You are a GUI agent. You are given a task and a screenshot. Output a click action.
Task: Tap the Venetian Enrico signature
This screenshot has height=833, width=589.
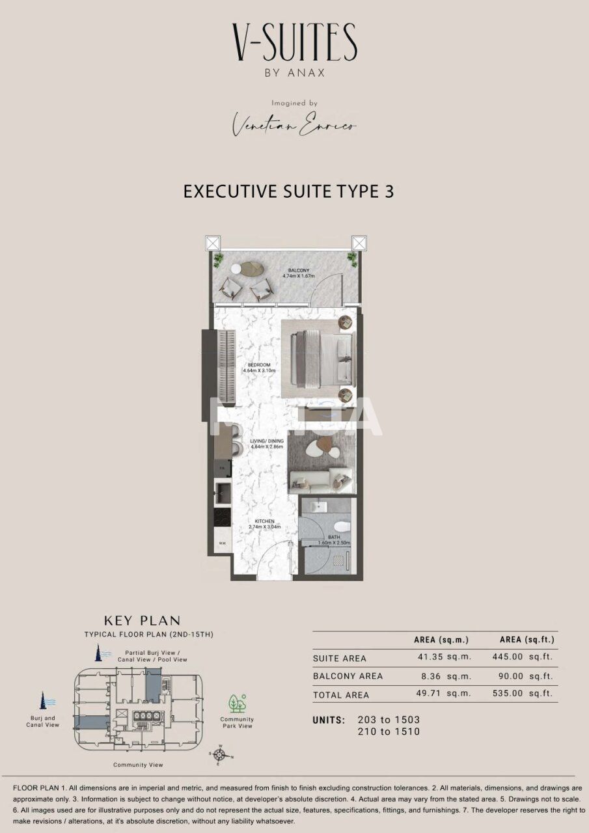tap(295, 124)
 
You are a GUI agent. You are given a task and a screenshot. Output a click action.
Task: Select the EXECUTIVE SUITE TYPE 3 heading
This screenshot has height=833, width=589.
tap(288, 191)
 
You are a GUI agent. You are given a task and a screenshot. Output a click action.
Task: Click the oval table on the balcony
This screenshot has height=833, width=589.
tap(248, 268)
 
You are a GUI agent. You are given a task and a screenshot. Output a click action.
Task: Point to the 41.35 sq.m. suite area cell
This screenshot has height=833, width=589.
tap(444, 657)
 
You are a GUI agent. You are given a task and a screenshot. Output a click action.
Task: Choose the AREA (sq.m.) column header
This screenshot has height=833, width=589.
tap(441, 640)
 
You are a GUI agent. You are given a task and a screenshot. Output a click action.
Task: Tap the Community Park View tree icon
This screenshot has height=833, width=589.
tap(237, 703)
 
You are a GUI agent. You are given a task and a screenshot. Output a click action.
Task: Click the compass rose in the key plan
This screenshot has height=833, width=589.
tap(220, 754)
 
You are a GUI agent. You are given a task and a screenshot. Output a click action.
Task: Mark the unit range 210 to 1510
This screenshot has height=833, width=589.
tap(389, 731)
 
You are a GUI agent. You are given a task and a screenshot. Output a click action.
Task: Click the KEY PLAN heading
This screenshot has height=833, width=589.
tap(142, 621)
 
